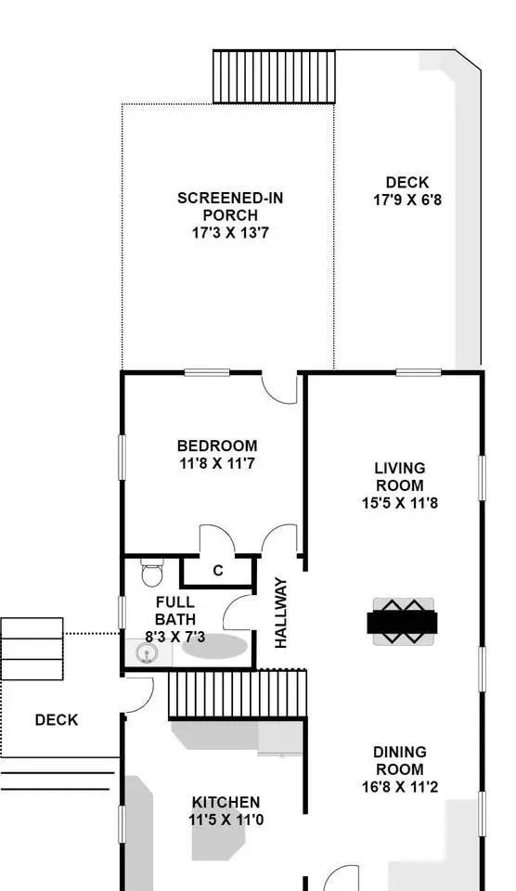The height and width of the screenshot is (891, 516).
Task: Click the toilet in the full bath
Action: (x=151, y=573)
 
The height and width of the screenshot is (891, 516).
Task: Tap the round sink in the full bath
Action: (x=147, y=654)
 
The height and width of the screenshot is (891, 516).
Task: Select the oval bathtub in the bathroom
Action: (x=214, y=647)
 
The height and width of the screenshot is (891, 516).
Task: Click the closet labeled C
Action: (x=218, y=571)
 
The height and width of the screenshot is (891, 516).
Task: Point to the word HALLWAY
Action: (x=280, y=613)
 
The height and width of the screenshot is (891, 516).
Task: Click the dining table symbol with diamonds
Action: (x=403, y=621)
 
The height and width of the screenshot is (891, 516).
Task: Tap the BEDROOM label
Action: (x=217, y=445)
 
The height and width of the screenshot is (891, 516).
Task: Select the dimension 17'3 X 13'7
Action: (x=229, y=232)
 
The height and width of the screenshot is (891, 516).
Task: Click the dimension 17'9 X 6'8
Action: (x=406, y=200)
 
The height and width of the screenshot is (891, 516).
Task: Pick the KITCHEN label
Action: (x=226, y=802)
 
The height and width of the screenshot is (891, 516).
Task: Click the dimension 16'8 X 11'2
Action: (x=400, y=787)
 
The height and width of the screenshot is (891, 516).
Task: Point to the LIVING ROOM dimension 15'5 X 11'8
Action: (x=400, y=503)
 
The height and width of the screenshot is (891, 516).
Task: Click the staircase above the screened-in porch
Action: (x=274, y=77)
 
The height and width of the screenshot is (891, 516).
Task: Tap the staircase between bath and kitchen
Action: (x=238, y=694)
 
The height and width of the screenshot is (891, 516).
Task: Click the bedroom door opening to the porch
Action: (x=279, y=388)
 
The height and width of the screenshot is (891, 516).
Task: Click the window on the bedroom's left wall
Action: (x=122, y=458)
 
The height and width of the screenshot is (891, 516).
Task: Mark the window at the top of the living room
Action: (x=419, y=373)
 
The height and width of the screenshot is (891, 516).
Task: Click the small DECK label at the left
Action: (x=57, y=720)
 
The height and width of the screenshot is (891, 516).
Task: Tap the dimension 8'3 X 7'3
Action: (x=175, y=637)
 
